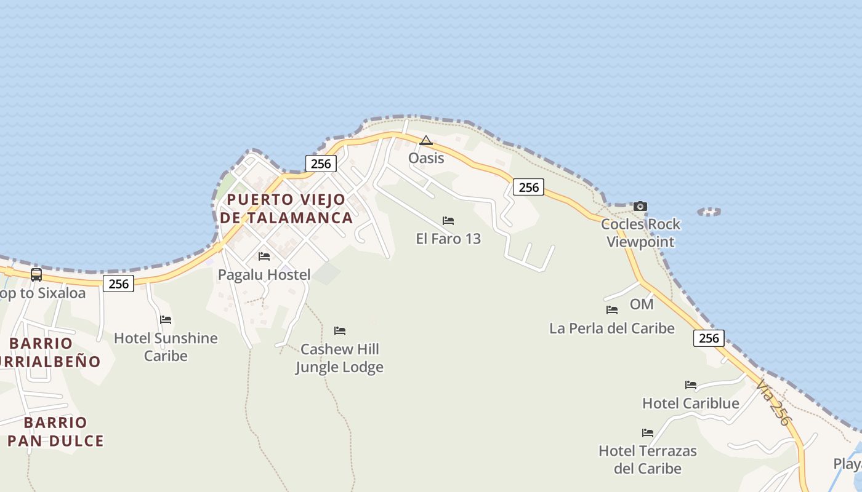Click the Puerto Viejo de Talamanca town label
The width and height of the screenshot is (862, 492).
[286, 208]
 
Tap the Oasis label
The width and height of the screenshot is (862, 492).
[426, 158]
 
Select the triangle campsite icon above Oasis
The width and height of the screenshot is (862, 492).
[426, 141]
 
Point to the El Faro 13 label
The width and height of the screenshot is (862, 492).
[448, 239]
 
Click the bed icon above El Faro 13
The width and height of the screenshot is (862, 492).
[448, 221]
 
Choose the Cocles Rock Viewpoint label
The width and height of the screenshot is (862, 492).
[641, 233]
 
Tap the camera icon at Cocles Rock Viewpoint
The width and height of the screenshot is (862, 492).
[640, 206]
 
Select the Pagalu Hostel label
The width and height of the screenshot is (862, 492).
[264, 274]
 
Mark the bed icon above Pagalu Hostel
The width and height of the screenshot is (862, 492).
[264, 256]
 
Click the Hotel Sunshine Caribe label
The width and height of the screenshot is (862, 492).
[166, 347]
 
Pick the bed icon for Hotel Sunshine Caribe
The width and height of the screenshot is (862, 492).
[166, 320]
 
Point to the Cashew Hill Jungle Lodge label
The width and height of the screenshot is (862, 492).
[339, 358]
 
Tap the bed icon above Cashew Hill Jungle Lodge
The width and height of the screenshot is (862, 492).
[340, 331]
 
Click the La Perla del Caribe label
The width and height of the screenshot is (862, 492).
[612, 328]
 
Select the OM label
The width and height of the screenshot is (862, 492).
[642, 304]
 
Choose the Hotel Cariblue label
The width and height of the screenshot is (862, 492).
[691, 403]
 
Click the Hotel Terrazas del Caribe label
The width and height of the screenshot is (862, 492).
[648, 459]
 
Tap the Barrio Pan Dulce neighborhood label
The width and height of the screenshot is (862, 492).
[55, 432]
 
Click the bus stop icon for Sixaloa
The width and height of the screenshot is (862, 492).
[36, 275]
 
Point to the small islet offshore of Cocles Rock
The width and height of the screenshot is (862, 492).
[709, 212]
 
